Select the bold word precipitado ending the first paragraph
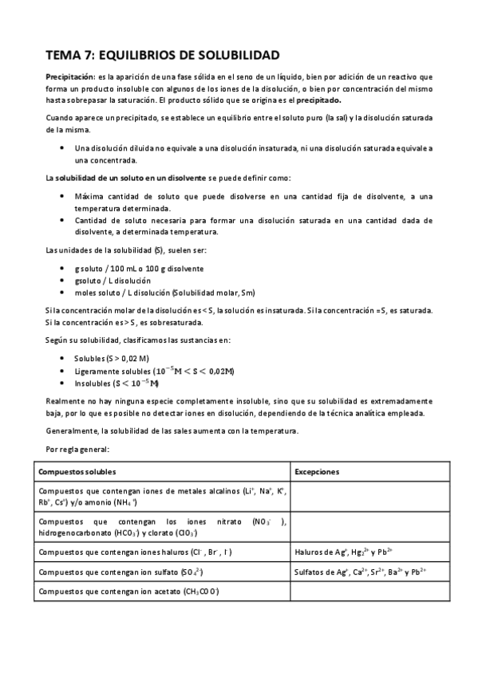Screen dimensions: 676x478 tap(319, 100)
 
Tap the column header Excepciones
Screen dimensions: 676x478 tap(318, 471)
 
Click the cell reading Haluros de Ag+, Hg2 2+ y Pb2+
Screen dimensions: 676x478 tap(339, 552)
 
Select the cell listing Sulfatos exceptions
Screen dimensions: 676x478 tap(360, 572)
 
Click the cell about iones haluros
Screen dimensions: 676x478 tap(136, 552)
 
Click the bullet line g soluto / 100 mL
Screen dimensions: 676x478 tap(139, 269)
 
